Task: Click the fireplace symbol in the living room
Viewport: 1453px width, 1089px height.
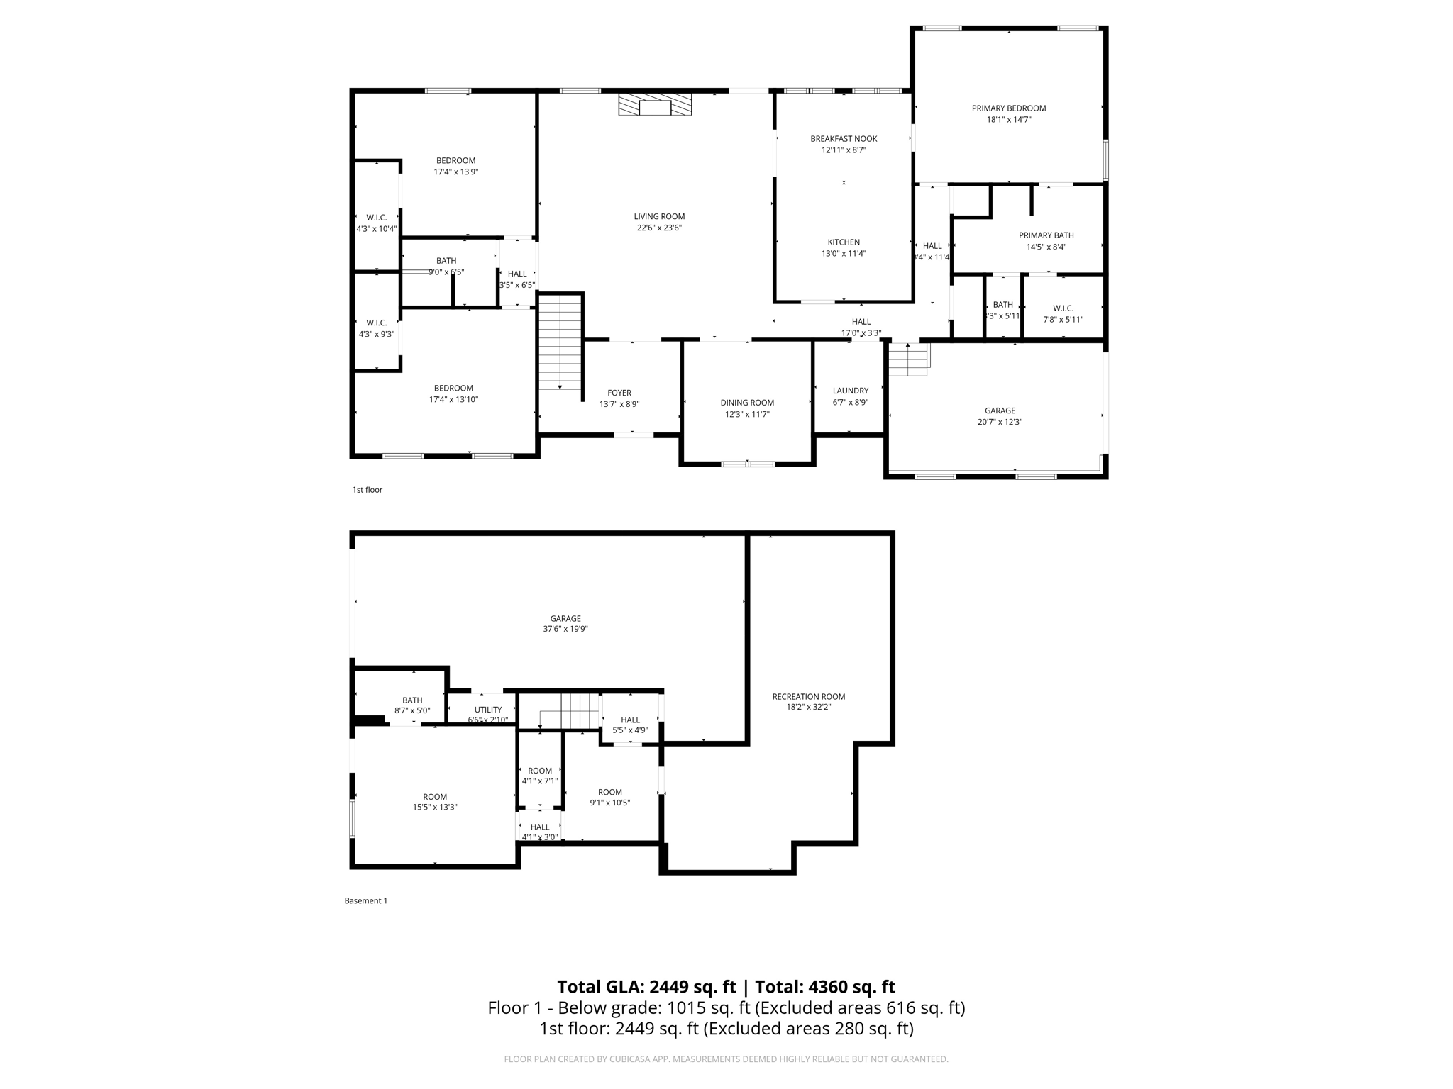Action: (x=655, y=105)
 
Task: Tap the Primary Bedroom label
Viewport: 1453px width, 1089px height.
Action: (x=1008, y=108)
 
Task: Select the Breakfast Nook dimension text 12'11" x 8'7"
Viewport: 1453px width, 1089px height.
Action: (x=844, y=150)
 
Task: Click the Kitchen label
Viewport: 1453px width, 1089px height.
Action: (x=844, y=242)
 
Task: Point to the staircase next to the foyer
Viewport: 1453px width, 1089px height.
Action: (x=560, y=342)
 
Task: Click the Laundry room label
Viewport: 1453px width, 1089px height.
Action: (x=850, y=391)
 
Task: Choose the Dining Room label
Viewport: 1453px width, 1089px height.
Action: (x=747, y=403)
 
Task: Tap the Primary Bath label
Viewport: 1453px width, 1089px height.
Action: (x=1046, y=235)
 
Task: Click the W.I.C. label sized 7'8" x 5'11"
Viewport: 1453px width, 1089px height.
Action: (x=1063, y=313)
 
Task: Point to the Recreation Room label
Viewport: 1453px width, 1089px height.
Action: (x=808, y=696)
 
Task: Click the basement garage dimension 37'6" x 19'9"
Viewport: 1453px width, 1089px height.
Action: (x=565, y=629)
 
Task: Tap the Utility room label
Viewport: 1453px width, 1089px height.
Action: (x=487, y=710)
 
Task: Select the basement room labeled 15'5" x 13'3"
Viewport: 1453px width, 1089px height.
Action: (x=435, y=802)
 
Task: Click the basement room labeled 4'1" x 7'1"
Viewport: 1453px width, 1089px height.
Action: (x=539, y=776)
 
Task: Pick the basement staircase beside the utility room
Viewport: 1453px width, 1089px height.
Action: (x=570, y=711)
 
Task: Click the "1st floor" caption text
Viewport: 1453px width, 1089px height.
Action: (x=367, y=490)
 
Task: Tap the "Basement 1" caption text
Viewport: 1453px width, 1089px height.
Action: (x=365, y=900)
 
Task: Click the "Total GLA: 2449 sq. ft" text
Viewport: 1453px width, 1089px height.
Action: (x=646, y=987)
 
